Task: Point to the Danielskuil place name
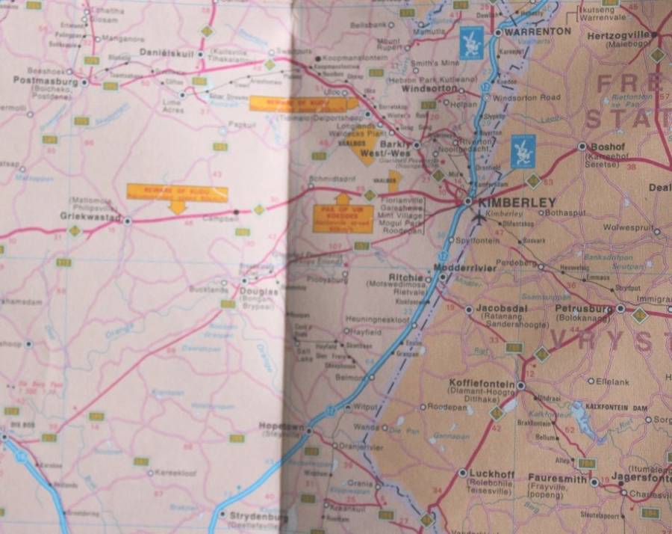coord(168,53)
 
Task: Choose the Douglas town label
coord(258,292)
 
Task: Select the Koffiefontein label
coord(482,384)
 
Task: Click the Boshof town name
coord(606,147)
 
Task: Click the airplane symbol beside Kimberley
coord(479,217)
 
